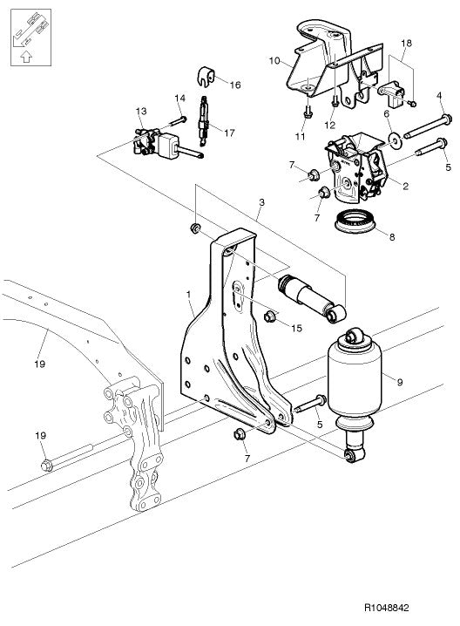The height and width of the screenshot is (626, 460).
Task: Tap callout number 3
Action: [x=260, y=202]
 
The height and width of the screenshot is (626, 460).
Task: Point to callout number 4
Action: [x=439, y=95]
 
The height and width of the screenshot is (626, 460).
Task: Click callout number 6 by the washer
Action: [x=386, y=114]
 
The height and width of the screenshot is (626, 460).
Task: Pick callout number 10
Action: [x=274, y=62]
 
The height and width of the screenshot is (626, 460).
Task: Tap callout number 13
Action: [x=140, y=111]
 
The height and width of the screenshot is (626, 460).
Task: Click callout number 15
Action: [x=296, y=329]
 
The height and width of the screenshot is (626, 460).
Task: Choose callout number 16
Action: [x=235, y=83]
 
